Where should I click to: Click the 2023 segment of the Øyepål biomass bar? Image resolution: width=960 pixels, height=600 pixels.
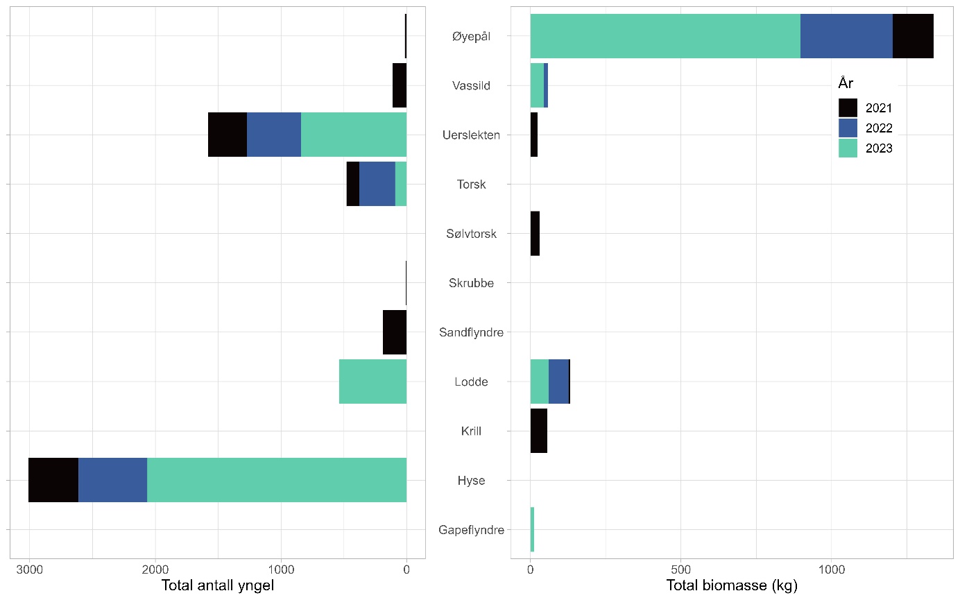click(x=665, y=36)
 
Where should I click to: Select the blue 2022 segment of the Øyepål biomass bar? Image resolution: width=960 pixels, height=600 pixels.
click(x=846, y=36)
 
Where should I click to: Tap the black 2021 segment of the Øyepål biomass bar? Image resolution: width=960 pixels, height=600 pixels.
click(x=913, y=36)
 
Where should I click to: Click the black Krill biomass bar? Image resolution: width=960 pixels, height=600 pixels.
click(x=539, y=431)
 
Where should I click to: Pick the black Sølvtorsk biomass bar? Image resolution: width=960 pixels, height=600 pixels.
click(x=535, y=234)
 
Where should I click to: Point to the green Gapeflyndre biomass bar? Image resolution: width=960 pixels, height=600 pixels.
click(x=532, y=529)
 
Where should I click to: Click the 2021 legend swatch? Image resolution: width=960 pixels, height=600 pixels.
click(x=848, y=108)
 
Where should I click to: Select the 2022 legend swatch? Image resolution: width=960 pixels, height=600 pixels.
click(x=848, y=128)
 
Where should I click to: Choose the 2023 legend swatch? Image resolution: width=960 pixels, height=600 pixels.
click(x=848, y=148)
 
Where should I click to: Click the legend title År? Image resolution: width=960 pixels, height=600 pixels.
click(x=846, y=83)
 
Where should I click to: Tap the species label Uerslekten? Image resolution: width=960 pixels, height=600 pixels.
click(x=471, y=135)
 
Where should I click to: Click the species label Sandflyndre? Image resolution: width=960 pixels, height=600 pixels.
click(x=471, y=332)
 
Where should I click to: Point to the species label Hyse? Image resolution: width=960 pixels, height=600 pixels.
click(x=471, y=480)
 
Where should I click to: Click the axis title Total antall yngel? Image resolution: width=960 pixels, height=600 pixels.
click(x=218, y=585)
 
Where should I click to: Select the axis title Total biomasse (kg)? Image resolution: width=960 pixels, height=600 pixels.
click(x=732, y=585)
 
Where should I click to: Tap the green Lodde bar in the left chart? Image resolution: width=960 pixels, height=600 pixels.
click(x=372, y=382)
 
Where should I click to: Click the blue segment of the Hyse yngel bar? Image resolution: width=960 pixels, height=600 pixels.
click(x=112, y=480)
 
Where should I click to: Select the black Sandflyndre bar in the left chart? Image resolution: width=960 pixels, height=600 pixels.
click(x=395, y=332)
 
